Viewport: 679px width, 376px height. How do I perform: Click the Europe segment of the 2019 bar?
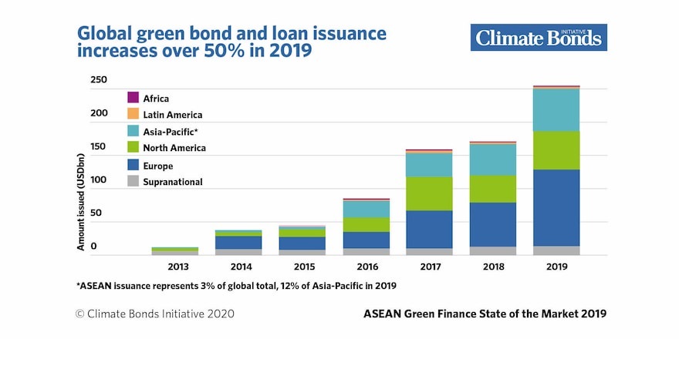pos(556,207)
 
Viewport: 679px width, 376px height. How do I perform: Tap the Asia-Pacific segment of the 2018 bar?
pos(492,159)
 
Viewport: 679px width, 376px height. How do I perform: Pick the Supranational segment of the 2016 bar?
pos(366,251)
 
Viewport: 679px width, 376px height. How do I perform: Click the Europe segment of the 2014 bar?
pos(238,242)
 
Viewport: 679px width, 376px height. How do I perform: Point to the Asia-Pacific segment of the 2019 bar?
pos(556,110)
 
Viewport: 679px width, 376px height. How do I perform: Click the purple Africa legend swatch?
pos(133,98)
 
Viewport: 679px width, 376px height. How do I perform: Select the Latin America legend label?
pos(172,115)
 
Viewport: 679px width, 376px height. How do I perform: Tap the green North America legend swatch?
pos(133,147)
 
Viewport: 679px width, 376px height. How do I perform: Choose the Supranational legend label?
pos(172,182)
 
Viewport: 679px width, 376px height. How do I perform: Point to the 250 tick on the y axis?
pos(99,80)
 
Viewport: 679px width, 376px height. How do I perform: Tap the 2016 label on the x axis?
pos(366,267)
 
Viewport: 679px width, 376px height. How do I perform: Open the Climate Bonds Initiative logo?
pos(538,37)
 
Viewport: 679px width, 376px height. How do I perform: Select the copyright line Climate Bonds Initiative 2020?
pos(154,314)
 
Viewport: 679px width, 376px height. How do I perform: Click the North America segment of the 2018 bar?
pos(492,189)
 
